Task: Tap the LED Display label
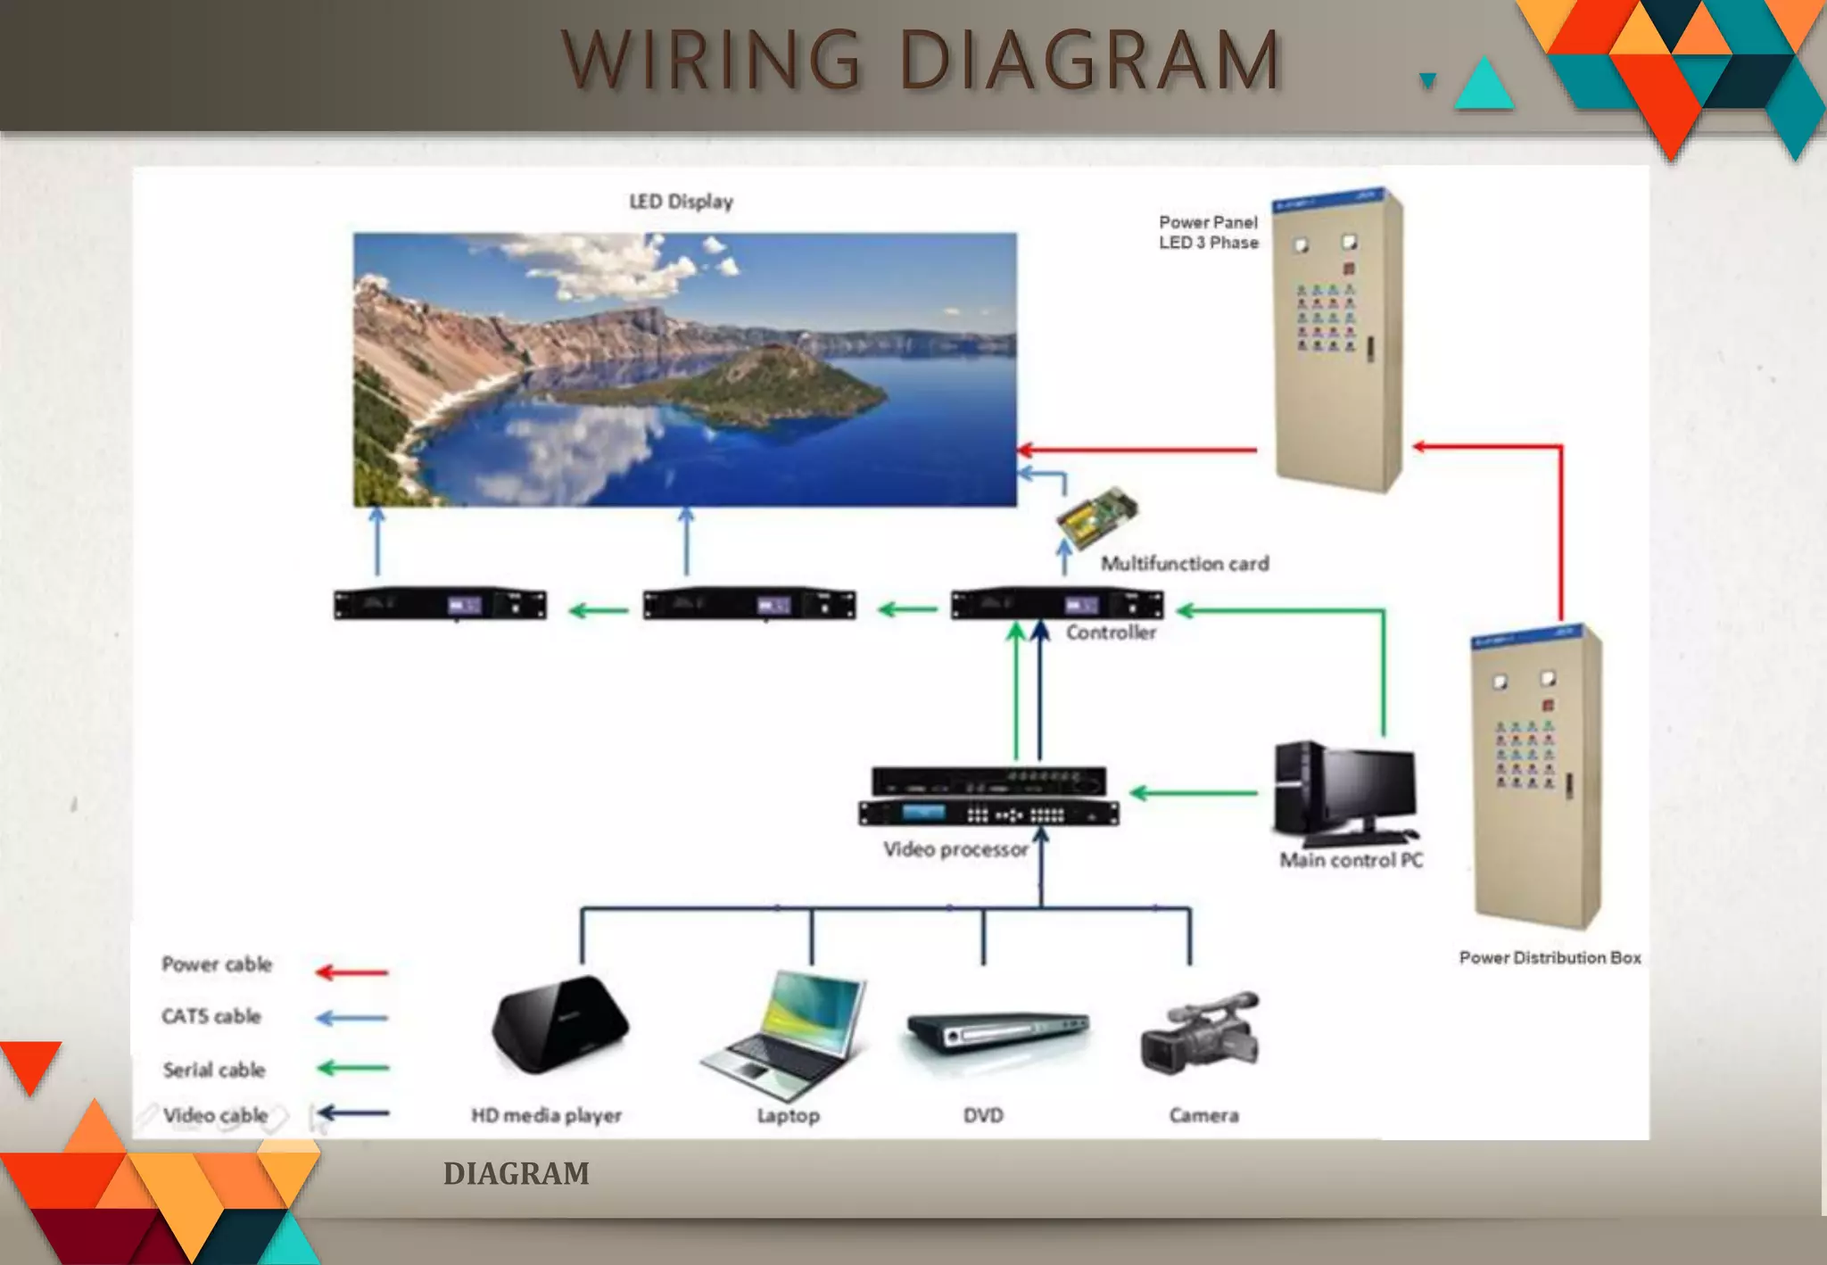(x=681, y=202)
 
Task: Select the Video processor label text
(x=955, y=849)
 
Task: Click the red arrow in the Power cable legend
(x=352, y=971)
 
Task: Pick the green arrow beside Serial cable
(x=353, y=1068)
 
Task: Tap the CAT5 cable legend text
(x=211, y=1016)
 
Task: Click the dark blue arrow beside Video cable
(x=353, y=1112)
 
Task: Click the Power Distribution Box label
(x=1550, y=957)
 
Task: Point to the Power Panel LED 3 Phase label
(x=1208, y=232)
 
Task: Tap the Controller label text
(x=1111, y=632)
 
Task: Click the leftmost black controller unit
(x=440, y=605)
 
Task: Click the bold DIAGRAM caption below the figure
(x=516, y=1173)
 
